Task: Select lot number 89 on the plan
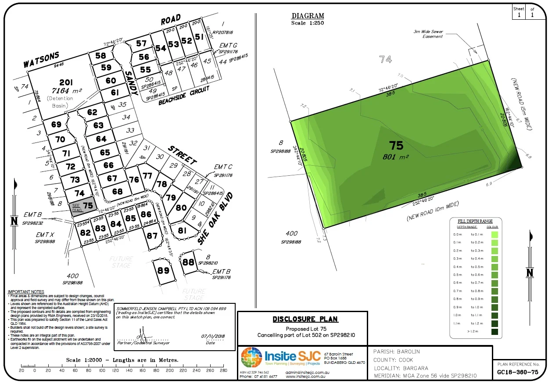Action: click(163, 270)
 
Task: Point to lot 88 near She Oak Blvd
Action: click(188, 262)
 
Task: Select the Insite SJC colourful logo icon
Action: click(251, 360)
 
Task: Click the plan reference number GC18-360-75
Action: click(518, 372)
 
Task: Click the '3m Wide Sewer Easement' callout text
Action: click(428, 34)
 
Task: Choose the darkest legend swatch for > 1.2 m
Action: click(495, 332)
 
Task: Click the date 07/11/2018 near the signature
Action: click(212, 336)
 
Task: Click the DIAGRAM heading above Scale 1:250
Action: click(308, 16)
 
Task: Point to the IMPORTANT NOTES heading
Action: click(26, 292)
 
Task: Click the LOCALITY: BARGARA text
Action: click(401, 368)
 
